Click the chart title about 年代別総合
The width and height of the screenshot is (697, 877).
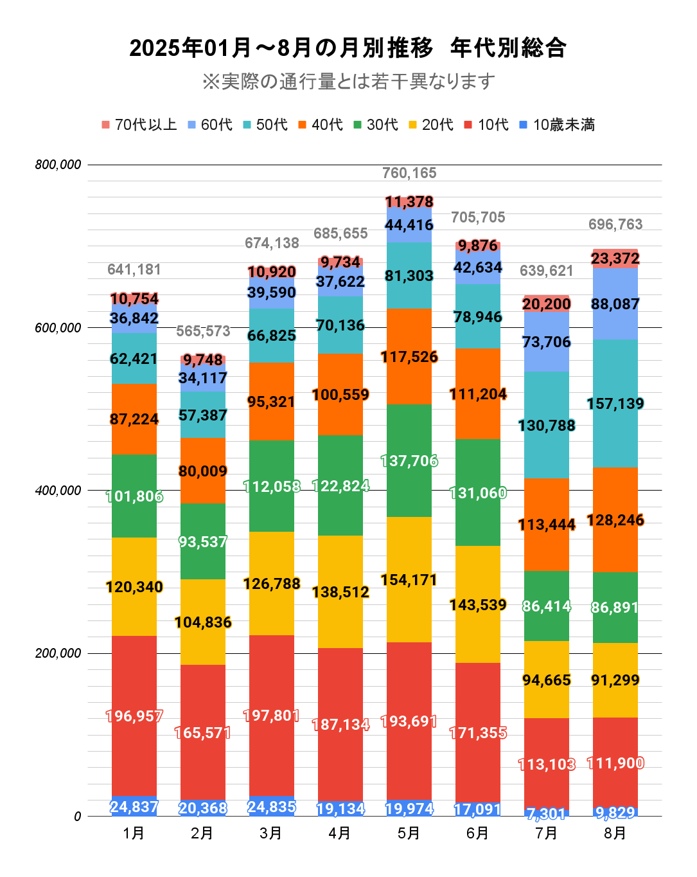[348, 48]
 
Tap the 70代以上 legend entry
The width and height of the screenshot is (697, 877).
[139, 125]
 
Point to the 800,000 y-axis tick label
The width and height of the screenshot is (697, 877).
[58, 165]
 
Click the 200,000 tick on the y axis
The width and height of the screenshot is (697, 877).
[58, 653]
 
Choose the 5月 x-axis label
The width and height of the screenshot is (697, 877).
[409, 833]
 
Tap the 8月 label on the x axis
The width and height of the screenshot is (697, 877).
[615, 833]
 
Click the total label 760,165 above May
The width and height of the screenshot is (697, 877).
[409, 173]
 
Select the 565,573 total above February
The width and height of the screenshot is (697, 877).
[203, 331]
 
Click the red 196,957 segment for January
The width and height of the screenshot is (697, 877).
[134, 716]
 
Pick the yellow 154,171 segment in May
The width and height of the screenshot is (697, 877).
[409, 580]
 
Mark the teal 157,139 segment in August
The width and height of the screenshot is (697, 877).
[615, 404]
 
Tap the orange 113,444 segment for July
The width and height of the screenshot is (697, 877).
[547, 525]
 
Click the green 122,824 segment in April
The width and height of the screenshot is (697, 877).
[340, 486]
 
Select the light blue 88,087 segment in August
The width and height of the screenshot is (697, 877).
[615, 304]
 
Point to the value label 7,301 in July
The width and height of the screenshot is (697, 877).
[547, 814]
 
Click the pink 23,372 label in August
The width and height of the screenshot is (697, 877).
[615, 258]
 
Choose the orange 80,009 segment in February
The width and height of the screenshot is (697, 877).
[203, 471]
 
